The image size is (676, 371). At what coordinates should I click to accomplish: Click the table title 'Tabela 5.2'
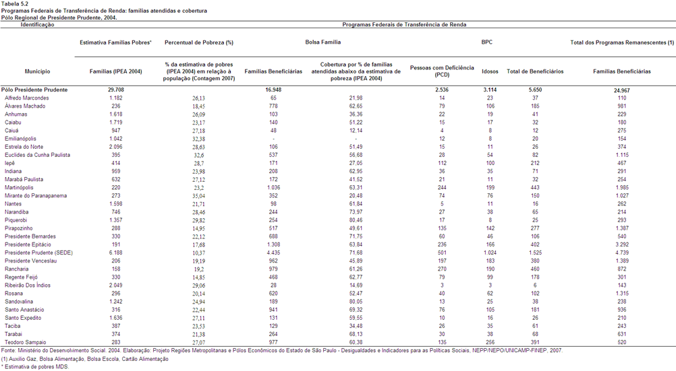(15, 3)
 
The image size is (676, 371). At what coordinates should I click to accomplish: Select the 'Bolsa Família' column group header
(323, 42)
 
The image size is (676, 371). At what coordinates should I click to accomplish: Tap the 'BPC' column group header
(486, 42)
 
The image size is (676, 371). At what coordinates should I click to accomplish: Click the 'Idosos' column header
(490, 71)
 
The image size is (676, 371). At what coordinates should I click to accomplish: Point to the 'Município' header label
(37, 71)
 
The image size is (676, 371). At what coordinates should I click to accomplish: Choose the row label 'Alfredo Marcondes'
(27, 98)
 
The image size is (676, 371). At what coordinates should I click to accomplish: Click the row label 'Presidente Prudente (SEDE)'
(39, 252)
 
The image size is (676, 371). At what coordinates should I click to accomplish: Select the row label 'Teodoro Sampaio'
(26, 342)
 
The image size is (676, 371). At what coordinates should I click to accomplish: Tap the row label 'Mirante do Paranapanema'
(36, 196)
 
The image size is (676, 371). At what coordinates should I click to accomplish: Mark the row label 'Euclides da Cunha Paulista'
(38, 155)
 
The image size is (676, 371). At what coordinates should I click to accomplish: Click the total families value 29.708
(116, 90)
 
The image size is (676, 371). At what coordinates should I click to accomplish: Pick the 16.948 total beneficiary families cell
(273, 90)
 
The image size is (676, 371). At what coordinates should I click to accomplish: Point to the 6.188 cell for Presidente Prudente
(116, 252)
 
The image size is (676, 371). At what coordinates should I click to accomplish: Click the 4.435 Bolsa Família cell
(273, 252)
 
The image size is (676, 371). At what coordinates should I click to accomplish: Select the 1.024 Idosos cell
(490, 252)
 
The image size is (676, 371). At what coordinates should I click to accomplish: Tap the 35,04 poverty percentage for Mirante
(199, 196)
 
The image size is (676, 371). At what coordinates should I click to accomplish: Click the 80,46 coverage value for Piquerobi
(356, 220)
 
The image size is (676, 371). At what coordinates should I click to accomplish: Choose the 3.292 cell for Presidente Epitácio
(622, 244)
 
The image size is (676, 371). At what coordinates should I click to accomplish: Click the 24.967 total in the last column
(622, 90)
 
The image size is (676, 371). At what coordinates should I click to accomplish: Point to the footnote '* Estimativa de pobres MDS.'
(35, 367)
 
